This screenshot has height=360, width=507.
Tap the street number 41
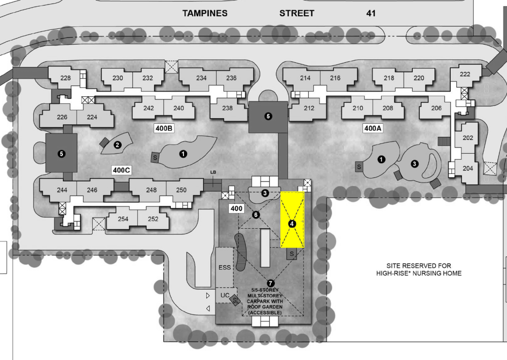coord(371,13)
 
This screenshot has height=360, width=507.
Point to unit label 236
coord(231,78)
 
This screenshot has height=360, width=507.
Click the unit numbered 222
coord(465,74)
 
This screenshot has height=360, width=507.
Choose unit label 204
coord(468,169)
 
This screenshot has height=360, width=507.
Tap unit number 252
coord(153,219)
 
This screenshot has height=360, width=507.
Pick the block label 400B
coord(164,128)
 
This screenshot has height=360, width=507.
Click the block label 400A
coord(373,128)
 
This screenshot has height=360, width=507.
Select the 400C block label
coord(122,170)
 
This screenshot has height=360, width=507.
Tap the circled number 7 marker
coord(270,283)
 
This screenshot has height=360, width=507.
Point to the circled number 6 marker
coord(256,215)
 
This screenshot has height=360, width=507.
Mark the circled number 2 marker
coord(118,145)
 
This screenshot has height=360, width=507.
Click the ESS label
coord(225,268)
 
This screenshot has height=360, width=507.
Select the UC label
coord(225,295)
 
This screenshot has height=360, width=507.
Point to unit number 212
coord(309,108)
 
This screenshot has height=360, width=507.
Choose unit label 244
coord(62,190)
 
